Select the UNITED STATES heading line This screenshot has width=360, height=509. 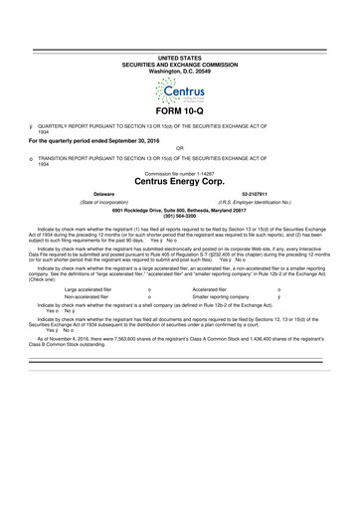coord(179,60)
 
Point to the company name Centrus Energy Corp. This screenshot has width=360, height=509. coord(179,182)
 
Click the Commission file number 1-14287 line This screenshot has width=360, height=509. coord(179,171)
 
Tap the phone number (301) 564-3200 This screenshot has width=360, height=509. coord(179,218)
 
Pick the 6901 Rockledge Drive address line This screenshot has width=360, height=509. coord(179,211)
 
